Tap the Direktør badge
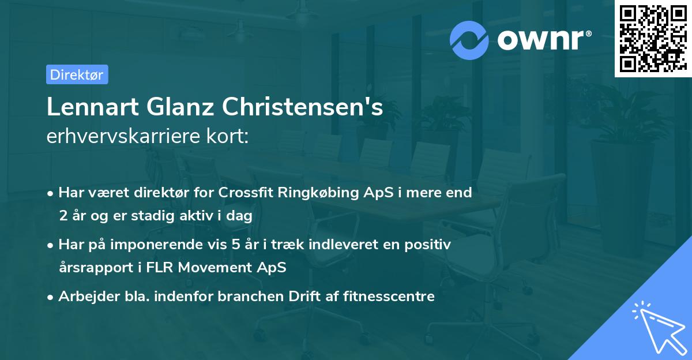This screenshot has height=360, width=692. point(77,74)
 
